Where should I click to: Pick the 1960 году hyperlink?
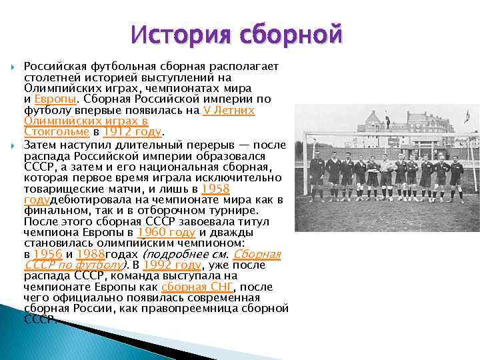pyautogui.click(x=166, y=232)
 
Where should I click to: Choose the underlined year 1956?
pyautogui.click(x=47, y=254)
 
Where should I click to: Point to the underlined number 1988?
pyautogui.click(x=91, y=254)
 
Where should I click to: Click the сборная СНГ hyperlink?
pyautogui.click(x=197, y=287)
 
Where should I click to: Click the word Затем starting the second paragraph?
pyautogui.click(x=41, y=145)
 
